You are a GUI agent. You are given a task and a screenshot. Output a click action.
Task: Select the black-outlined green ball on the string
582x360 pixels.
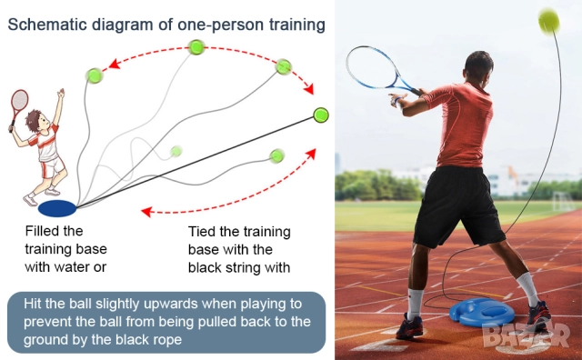point(320,115)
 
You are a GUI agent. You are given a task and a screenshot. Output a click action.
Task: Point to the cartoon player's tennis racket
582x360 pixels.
point(16,108)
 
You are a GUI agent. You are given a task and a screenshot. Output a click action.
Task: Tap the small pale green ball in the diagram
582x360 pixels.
point(176,151)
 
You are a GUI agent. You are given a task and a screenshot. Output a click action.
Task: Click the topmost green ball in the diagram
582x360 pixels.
point(196,46)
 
